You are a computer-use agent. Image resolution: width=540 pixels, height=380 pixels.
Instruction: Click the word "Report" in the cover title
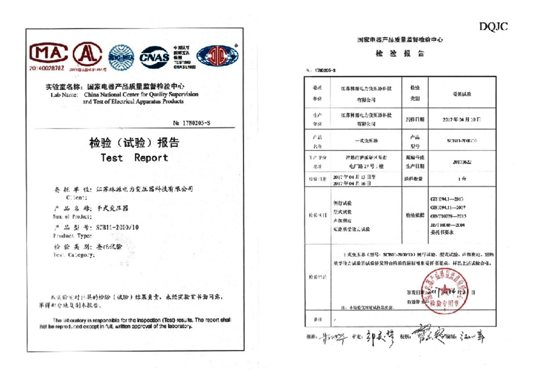[x=151, y=157]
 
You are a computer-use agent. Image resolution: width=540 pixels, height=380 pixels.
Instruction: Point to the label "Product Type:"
[x=68, y=235]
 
